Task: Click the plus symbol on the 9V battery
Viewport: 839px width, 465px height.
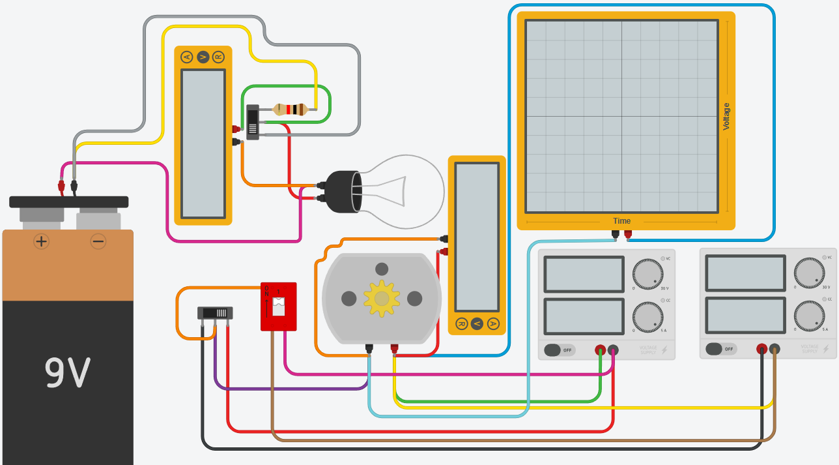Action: tap(41, 241)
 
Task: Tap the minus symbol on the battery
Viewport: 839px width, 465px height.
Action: tap(98, 241)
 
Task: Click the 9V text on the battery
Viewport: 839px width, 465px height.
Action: tap(67, 372)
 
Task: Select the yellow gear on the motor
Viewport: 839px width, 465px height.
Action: tap(382, 298)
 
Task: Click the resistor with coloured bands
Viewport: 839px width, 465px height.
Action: tap(291, 110)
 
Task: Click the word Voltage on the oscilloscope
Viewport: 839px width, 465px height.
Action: tap(726, 117)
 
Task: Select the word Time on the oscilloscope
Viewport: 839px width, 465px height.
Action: tap(621, 221)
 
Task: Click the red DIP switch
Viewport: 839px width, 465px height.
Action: tap(278, 306)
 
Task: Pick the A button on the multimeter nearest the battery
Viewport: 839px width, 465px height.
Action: tap(187, 57)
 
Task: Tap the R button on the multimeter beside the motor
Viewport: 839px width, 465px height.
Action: tap(461, 323)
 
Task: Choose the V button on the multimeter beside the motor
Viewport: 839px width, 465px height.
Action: tap(477, 323)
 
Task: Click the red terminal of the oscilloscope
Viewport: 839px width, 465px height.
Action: tap(628, 233)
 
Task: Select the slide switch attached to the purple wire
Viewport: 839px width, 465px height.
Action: tap(215, 313)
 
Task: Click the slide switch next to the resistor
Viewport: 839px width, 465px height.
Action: tap(253, 122)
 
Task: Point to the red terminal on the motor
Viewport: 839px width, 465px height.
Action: tap(394, 348)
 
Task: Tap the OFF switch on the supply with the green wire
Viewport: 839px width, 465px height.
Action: tap(560, 350)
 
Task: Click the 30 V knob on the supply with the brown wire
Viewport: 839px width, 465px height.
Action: tap(809, 273)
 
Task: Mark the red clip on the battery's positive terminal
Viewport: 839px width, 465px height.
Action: tap(61, 186)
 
